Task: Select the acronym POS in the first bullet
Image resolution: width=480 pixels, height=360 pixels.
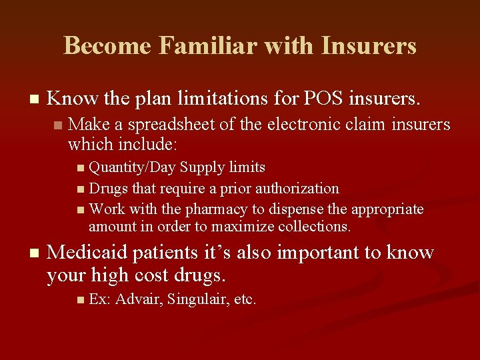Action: (325, 99)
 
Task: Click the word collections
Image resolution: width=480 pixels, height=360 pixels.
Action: (309, 226)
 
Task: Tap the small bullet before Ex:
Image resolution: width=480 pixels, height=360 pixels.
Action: (81, 300)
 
